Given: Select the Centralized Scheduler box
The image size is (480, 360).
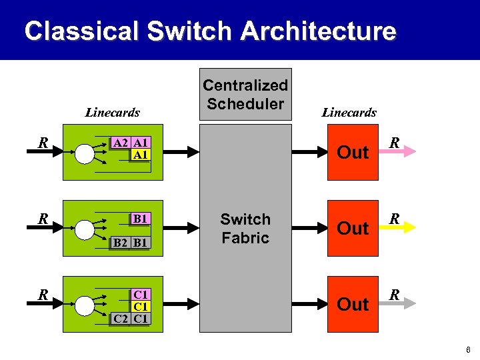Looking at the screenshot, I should tap(245, 95).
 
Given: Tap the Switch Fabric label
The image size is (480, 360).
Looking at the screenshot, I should tap(245, 229).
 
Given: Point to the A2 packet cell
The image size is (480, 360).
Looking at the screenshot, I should tap(121, 143).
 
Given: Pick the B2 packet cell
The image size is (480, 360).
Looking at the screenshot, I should tap(121, 243).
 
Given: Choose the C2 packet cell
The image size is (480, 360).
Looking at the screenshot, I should tap(121, 318).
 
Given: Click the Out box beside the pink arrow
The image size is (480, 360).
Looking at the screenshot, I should tap(353, 152).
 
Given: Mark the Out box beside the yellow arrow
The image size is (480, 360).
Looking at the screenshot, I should tap(353, 228).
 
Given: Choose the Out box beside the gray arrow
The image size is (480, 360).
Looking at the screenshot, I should tap(353, 304).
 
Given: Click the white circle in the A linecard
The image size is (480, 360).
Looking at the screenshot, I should tap(85, 154).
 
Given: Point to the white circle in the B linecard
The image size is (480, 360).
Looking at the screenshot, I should tap(85, 230).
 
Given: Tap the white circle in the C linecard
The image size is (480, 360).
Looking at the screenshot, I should tap(85, 306).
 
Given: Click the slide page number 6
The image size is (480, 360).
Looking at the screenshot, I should tap(469, 349).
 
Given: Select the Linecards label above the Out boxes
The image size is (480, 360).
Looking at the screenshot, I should tap(349, 113).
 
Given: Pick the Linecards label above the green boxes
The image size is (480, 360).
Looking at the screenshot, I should tap(112, 113).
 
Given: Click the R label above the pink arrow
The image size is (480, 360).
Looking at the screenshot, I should tap(395, 142).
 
